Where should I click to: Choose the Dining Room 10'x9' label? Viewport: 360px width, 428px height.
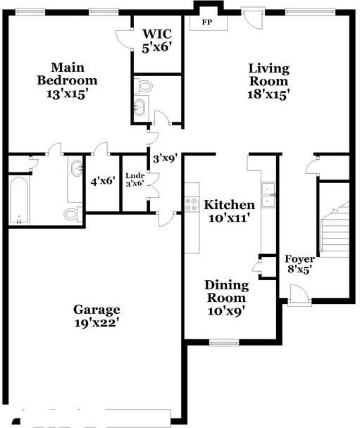(227, 297)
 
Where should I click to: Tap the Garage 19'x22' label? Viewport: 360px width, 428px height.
(97, 316)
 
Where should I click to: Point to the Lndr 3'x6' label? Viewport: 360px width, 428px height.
(135, 179)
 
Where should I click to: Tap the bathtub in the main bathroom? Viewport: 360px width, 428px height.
(20, 201)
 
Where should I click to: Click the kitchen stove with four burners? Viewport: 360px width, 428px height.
(192, 205)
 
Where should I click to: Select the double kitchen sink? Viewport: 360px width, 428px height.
(268, 195)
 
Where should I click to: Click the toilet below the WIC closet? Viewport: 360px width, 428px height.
(145, 87)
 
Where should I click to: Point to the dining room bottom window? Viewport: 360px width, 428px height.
(224, 343)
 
